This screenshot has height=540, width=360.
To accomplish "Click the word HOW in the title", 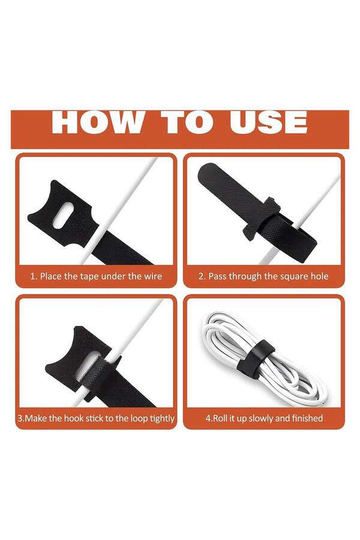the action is point(97,122).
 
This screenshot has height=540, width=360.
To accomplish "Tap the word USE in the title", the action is point(268,122).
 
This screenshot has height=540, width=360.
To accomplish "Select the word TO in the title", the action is point(187,122).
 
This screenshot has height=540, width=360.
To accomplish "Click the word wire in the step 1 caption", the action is point(152,276).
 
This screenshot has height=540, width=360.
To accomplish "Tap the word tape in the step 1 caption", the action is point(88,277).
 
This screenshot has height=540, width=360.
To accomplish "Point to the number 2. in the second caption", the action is point(202,276).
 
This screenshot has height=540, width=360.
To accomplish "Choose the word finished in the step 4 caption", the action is point(307,418).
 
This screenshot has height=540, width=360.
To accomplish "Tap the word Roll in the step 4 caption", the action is point(220,418).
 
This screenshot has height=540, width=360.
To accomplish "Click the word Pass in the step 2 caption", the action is point(218,276).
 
